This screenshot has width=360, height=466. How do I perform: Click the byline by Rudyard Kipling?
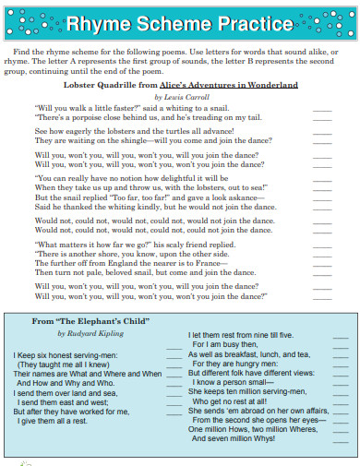click(x=88, y=333)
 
